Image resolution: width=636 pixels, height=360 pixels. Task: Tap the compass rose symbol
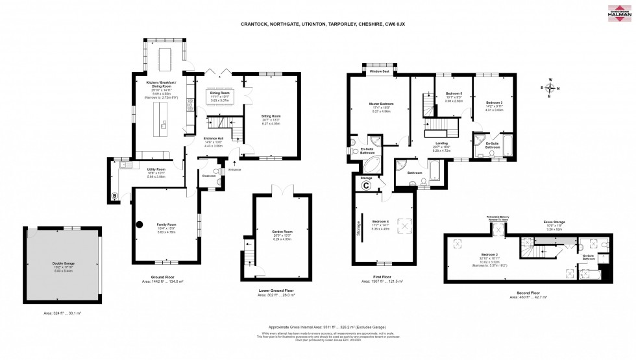point(550,88)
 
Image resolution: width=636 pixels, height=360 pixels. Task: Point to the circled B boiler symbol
point(115,196)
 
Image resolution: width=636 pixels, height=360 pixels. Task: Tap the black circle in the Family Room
point(139,226)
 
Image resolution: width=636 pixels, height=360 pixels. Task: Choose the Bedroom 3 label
point(495,102)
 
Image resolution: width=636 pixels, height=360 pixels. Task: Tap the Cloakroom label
point(208,175)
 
